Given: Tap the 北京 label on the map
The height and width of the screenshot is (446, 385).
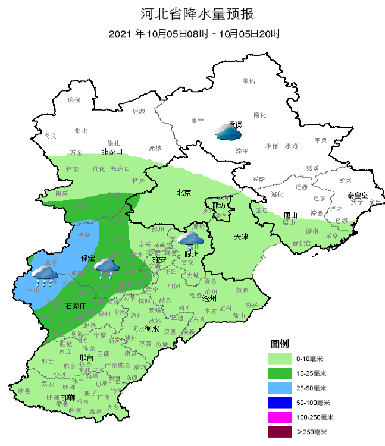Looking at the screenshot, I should pyautogui.click(x=184, y=193).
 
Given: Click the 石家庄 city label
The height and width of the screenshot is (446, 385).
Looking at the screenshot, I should pyautogui.click(x=76, y=305).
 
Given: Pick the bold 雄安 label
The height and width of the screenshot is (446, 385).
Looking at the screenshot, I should pyautogui.click(x=159, y=259).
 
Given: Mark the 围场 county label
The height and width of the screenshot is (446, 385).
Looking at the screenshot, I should pyautogui.click(x=248, y=81).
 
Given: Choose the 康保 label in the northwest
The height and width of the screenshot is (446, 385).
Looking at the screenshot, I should pyautogui.click(x=73, y=100).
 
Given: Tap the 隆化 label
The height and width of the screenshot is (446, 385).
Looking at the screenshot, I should pyautogui.click(x=260, y=114).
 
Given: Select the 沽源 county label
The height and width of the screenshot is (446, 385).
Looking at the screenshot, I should pyautogui.click(x=138, y=111).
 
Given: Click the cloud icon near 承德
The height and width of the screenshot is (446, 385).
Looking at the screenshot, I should pyautogui.click(x=228, y=132).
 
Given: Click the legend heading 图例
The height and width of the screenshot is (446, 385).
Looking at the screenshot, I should pyautogui.click(x=280, y=344).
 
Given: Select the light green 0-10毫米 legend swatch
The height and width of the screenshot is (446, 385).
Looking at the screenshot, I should pyautogui.click(x=280, y=359).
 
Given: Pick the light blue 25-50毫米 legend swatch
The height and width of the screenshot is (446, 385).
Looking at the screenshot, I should pyautogui.click(x=280, y=388).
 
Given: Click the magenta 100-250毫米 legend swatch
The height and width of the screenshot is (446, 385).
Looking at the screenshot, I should pyautogui.click(x=280, y=417).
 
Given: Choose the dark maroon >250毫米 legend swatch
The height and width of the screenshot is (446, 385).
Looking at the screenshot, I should pyautogui.click(x=280, y=432).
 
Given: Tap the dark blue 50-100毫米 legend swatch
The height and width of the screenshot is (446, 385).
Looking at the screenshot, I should pyautogui.click(x=280, y=403).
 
